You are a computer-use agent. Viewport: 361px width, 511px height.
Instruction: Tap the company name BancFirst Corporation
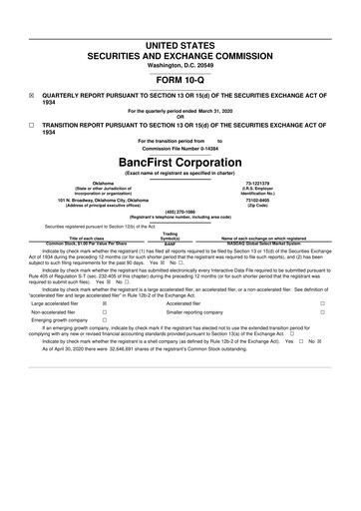point(180,162)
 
